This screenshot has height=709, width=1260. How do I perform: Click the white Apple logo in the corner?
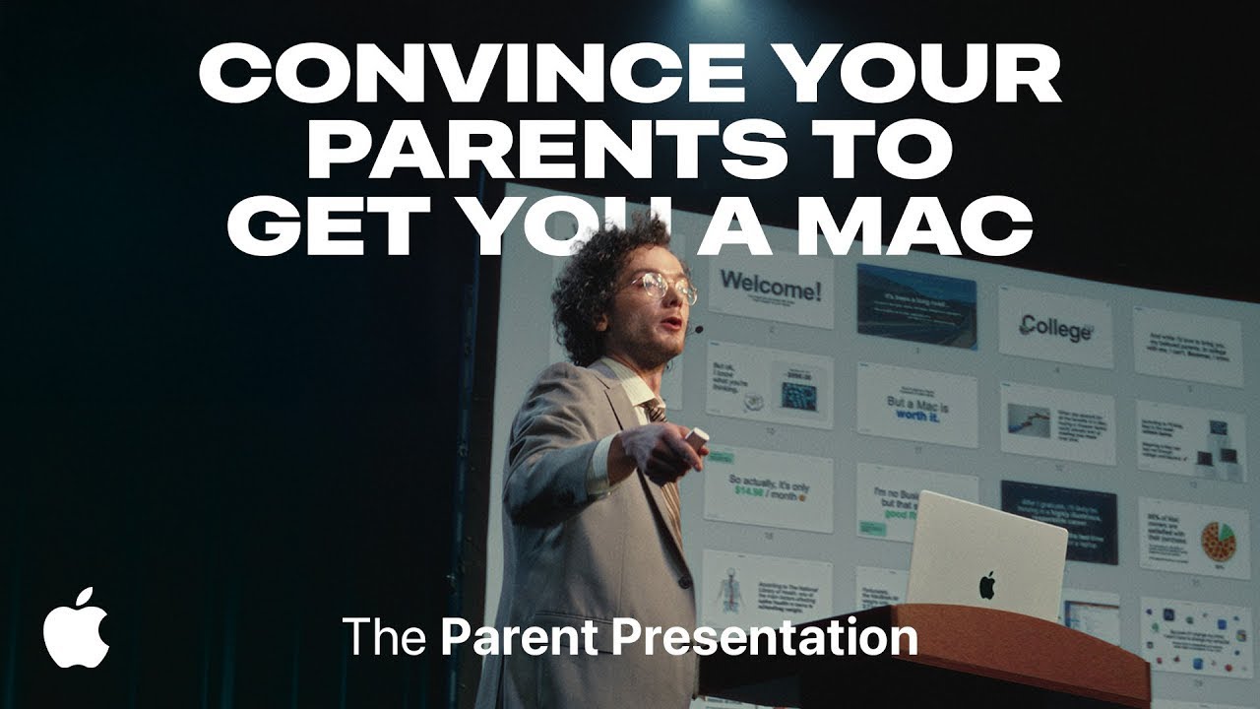click(76, 627)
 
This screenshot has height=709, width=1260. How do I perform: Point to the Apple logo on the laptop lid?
click(986, 585)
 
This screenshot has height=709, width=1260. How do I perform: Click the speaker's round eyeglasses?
click(661, 287)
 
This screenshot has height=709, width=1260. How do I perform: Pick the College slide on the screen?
click(1055, 327)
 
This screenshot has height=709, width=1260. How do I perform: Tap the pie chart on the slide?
click(1218, 541)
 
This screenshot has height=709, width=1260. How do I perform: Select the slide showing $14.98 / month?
click(768, 487)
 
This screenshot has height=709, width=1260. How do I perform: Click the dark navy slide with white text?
click(1058, 520)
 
